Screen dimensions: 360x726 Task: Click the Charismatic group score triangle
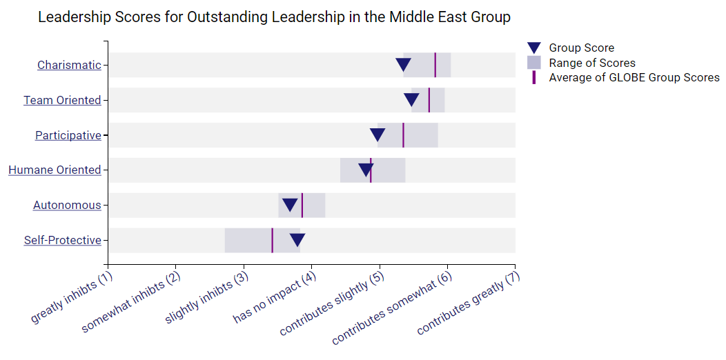404,64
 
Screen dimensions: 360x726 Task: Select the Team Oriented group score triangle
412,99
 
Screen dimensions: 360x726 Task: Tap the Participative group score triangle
377,134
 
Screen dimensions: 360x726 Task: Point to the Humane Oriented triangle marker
366,170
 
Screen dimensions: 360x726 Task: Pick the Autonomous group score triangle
291,205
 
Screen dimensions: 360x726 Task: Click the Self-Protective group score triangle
297,240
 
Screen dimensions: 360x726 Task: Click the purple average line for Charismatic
435,65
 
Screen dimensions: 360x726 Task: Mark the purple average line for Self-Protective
272,240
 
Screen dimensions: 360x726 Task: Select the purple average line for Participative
403,135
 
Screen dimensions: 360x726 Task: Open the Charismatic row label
69,66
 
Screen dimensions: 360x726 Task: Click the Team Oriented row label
62,101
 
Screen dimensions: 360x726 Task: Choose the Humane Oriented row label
55,170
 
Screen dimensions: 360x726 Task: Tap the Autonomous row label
67,206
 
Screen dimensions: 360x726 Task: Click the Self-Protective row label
63,241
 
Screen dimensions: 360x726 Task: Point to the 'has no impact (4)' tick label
275,298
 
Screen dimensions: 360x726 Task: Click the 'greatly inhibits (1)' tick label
72,298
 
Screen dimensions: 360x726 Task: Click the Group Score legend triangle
534,48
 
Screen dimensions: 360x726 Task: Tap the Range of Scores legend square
534,63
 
